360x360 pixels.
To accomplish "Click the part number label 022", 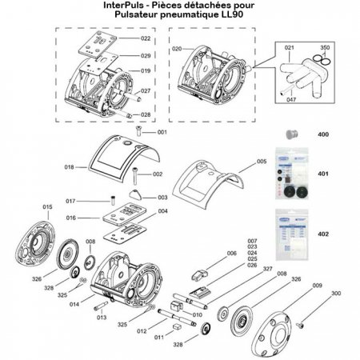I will pyautogui.click(x=146, y=38).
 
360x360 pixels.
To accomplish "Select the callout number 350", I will pyautogui.click(x=325, y=47).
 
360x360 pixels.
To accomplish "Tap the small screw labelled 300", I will pyautogui.click(x=302, y=324).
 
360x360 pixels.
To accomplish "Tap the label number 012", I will pyautogui.click(x=142, y=330).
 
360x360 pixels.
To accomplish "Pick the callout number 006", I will pyautogui.click(x=232, y=254).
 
